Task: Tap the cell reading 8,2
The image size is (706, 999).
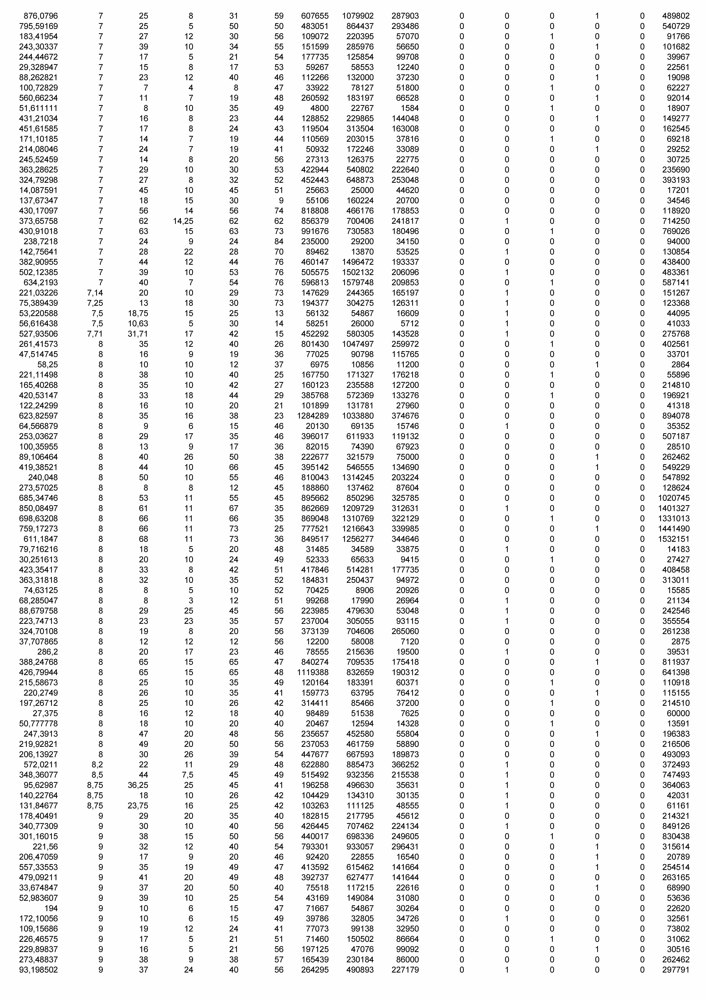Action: click(97, 764)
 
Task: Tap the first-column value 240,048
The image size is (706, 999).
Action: click(43, 477)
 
